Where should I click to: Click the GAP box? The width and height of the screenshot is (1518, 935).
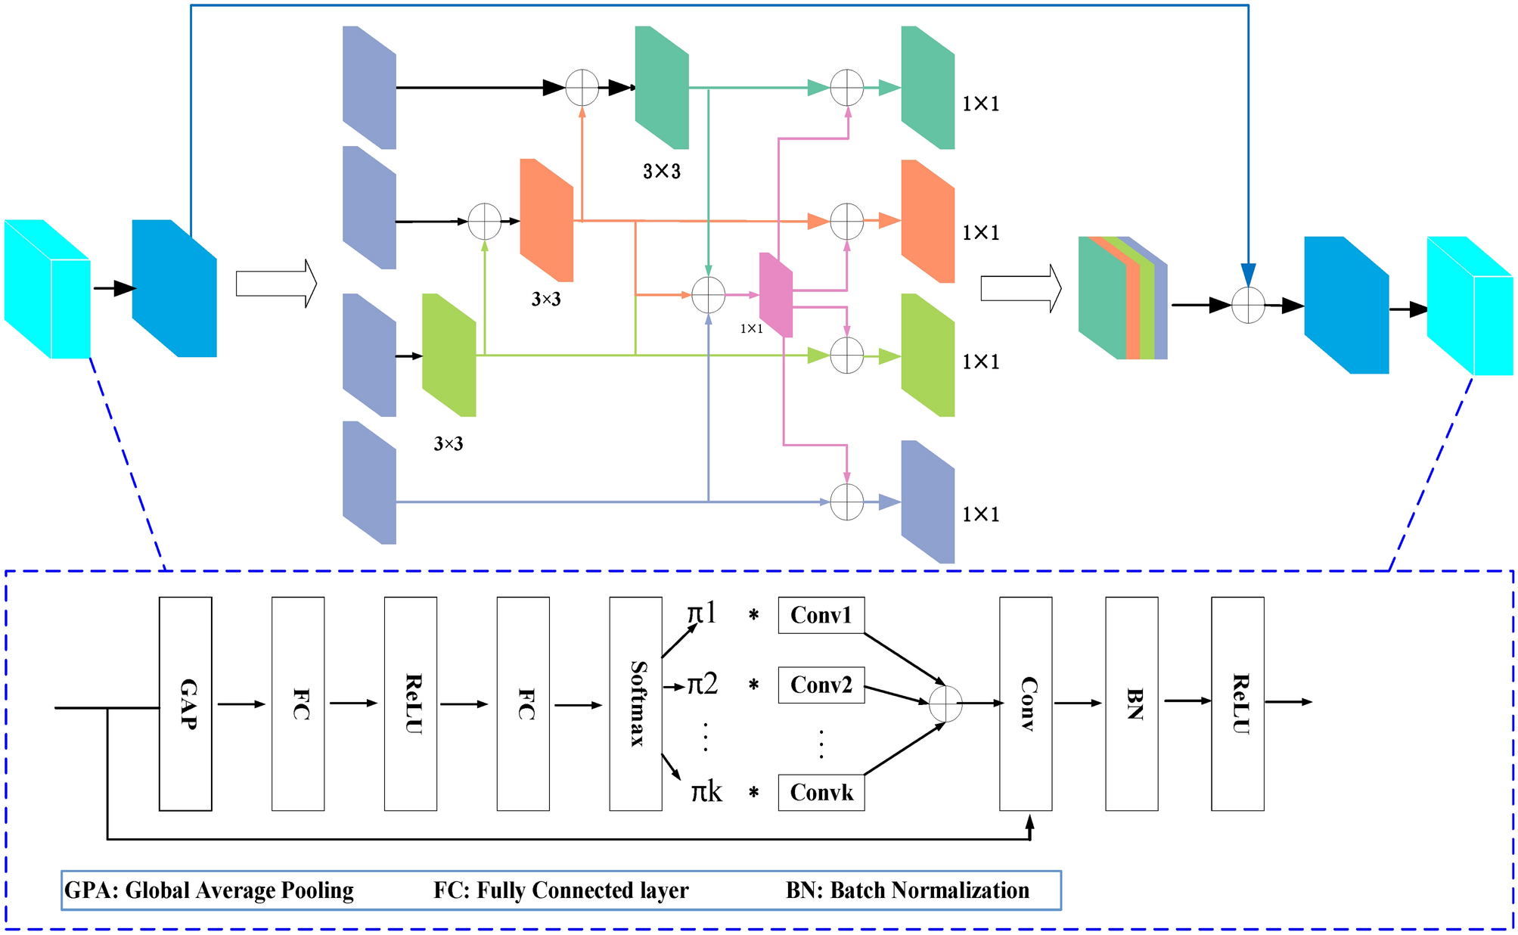(x=185, y=704)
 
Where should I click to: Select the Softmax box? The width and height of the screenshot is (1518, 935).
(x=635, y=704)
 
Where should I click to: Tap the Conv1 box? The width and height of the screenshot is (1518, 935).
(x=821, y=615)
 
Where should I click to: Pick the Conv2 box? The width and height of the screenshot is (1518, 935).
(x=821, y=685)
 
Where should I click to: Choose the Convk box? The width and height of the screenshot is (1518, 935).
(x=821, y=792)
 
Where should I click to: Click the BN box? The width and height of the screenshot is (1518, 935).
(x=1132, y=704)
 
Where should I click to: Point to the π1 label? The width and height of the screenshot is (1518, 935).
(x=702, y=613)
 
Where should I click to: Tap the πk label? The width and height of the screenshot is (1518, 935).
(x=706, y=792)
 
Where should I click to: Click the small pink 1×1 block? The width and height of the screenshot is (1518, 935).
(x=776, y=295)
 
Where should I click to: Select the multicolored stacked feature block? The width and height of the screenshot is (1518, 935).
(x=1122, y=298)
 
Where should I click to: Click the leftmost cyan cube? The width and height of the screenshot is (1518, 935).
(x=47, y=289)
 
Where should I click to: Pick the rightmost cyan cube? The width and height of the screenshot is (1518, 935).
(x=1470, y=306)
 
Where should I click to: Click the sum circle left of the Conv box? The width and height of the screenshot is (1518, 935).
(x=945, y=704)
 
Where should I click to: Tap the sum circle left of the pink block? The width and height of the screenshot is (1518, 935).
(x=709, y=295)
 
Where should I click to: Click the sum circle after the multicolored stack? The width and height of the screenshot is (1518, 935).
(x=1248, y=306)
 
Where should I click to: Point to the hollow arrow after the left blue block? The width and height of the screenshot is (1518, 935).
(x=276, y=284)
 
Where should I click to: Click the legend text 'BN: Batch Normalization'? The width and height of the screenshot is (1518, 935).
(x=907, y=890)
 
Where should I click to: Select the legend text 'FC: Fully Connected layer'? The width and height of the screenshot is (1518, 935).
(x=560, y=890)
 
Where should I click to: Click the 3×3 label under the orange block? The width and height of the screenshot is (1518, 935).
(x=546, y=300)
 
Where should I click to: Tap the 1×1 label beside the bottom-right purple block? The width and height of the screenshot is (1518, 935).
(x=981, y=514)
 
